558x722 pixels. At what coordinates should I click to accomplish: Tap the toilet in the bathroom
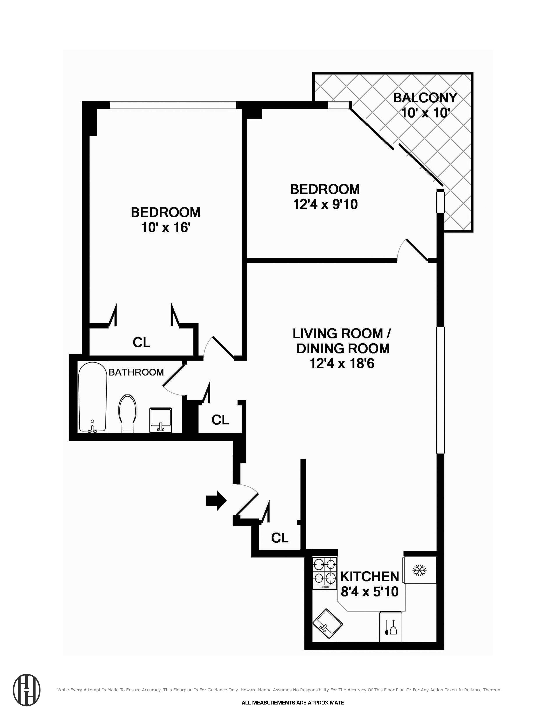128,413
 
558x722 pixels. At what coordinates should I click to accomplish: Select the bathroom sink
161,420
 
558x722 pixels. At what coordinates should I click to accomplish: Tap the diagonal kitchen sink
327,623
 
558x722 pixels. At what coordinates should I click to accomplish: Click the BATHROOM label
136,372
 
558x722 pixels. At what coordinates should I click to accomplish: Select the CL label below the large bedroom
142,342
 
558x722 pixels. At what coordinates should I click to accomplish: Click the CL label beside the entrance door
280,538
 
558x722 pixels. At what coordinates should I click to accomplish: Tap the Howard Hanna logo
27,690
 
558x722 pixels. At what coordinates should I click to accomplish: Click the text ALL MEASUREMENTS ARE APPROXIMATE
293,710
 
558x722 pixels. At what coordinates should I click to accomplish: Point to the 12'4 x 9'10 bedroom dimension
325,204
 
